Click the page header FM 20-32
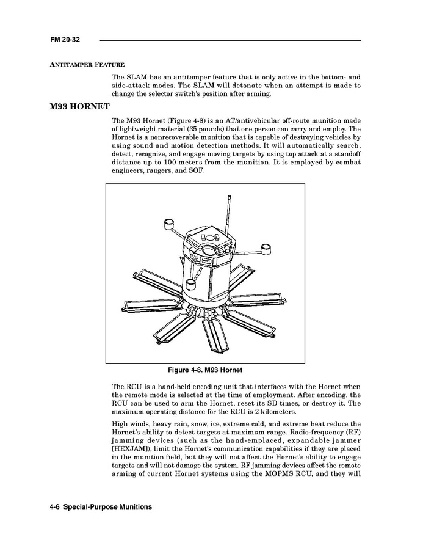(x=65, y=40)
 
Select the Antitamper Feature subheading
(x=87, y=65)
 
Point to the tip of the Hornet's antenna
(x=228, y=197)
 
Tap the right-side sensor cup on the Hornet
(x=266, y=247)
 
